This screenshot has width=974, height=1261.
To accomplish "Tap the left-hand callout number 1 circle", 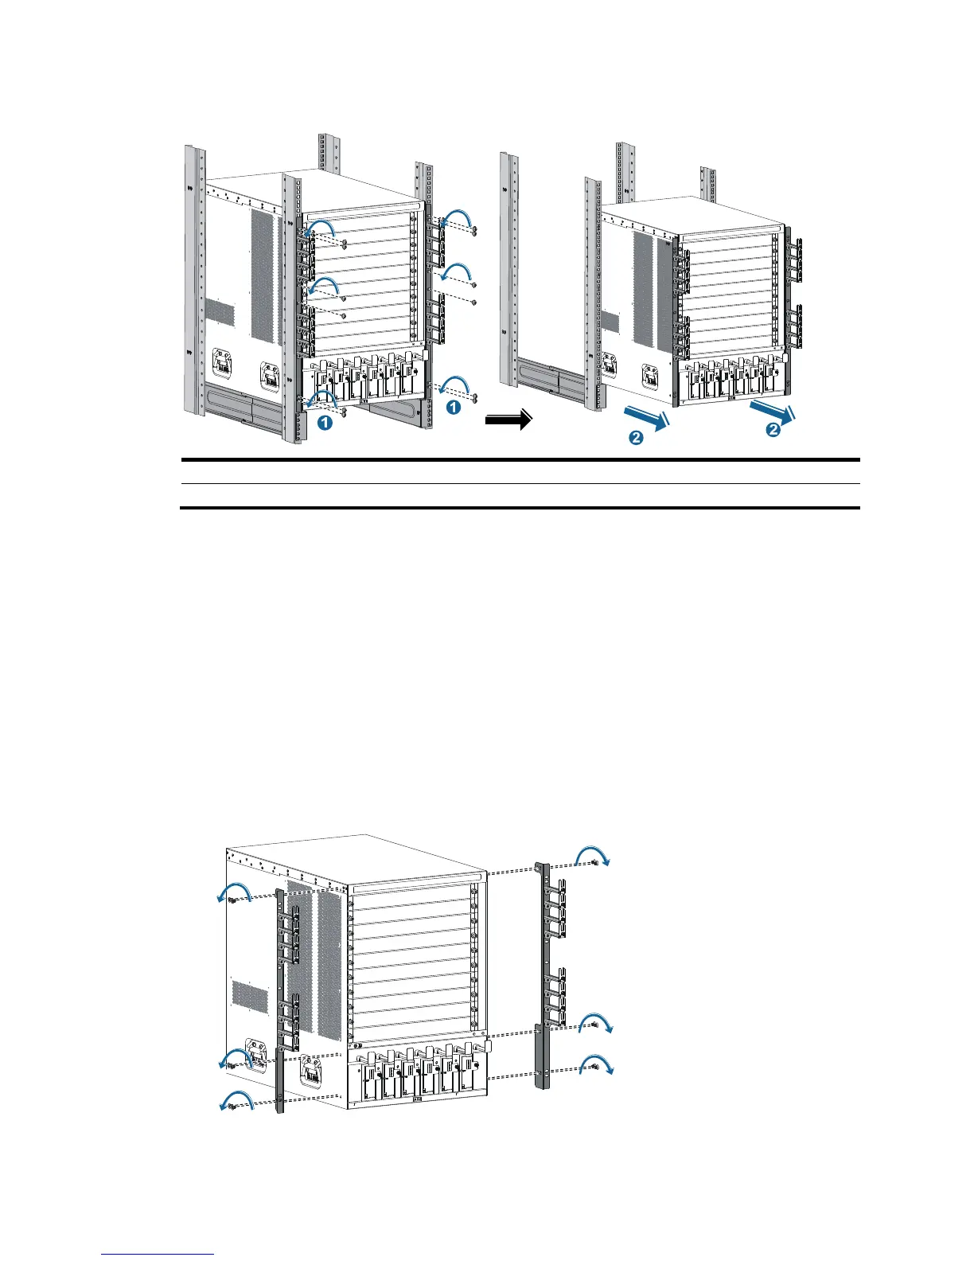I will (325, 424).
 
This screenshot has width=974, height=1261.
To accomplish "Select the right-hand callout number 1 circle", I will (452, 407).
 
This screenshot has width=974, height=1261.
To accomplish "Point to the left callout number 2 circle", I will (636, 436).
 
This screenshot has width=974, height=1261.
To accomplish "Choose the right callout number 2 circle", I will (772, 430).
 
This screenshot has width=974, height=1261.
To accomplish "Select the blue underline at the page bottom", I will (158, 1255).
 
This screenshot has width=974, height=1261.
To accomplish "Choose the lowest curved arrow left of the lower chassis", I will (236, 1101).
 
